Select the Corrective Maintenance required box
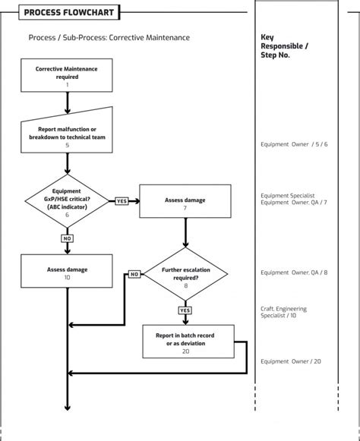coord(67,77)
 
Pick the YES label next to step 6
coord(122,201)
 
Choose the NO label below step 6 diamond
coord(67,238)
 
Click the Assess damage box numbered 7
coord(185,204)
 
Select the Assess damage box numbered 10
coord(67,272)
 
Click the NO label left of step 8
coord(134,274)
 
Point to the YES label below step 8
coord(185,310)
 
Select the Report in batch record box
coord(185,342)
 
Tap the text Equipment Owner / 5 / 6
coord(293,144)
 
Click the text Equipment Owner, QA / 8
coord(293,272)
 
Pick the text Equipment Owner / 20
coord(290,361)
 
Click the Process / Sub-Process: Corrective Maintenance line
coord(109,37)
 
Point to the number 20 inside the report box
coord(185,351)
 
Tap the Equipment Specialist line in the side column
coord(287,195)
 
